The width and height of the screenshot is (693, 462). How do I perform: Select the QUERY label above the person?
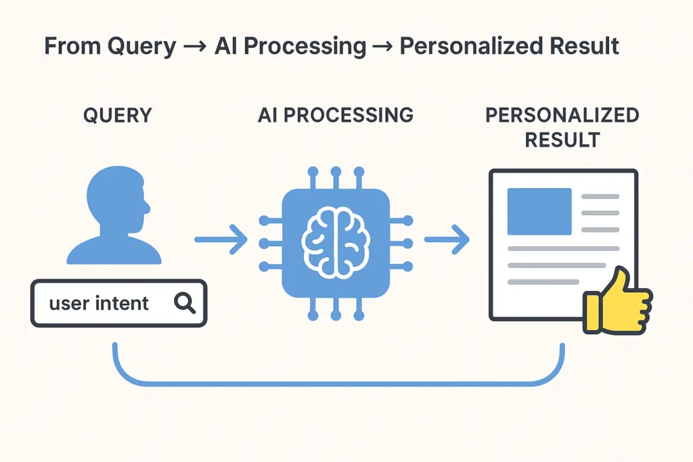[118, 116]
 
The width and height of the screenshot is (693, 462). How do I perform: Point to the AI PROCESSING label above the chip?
[336, 116]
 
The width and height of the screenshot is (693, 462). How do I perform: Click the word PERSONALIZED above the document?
[562, 116]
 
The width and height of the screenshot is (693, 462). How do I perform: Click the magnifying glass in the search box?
[184, 303]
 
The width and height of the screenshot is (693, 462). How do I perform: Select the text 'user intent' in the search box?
[99, 303]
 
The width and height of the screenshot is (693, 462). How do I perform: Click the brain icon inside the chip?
[336, 240]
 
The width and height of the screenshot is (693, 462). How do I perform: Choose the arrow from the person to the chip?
[221, 240]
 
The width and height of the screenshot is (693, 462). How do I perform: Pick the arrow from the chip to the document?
[447, 240]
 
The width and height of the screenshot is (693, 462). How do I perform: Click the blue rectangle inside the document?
[539, 211]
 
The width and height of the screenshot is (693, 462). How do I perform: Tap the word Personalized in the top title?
[466, 46]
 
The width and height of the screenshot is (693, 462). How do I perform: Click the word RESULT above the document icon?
[562, 140]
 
